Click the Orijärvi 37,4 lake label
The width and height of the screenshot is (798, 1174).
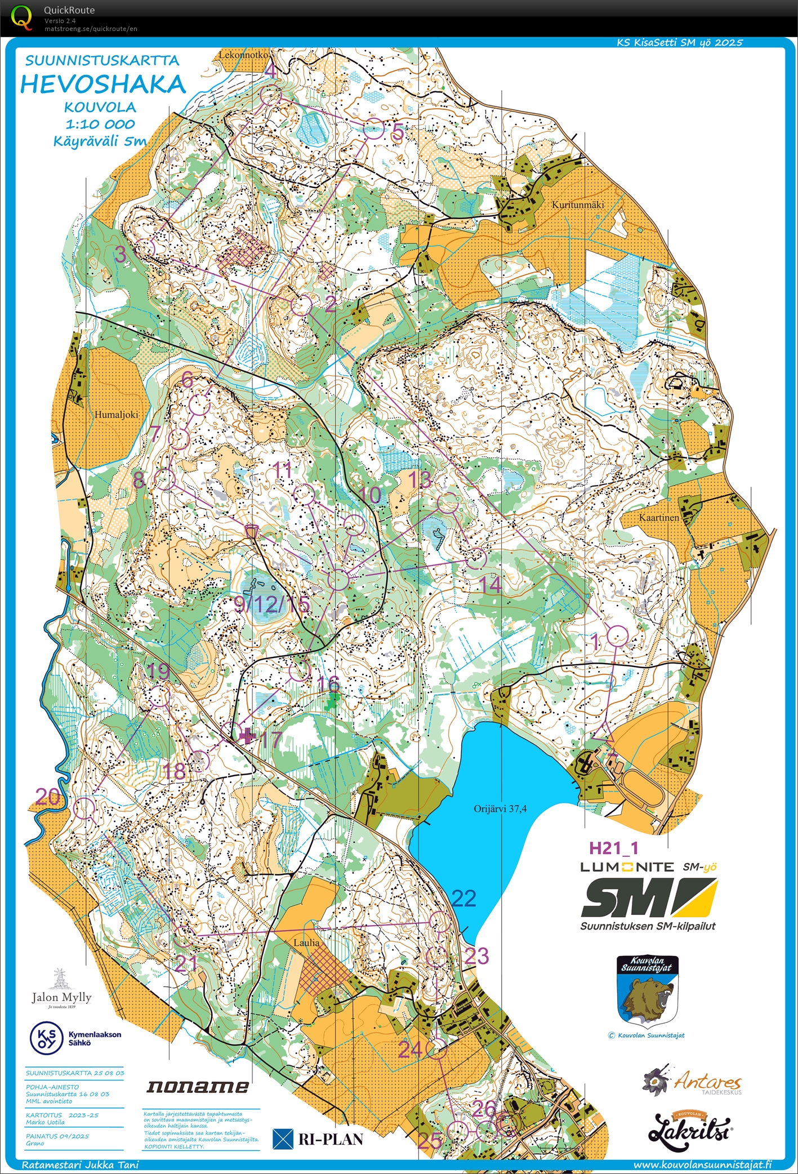[x=500, y=808]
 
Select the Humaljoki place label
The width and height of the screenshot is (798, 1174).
[x=117, y=414]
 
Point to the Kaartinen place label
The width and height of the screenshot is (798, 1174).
[x=659, y=517]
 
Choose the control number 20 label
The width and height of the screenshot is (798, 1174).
[x=47, y=796]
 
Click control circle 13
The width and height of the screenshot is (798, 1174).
[x=448, y=503]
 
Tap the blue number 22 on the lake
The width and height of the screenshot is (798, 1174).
[x=463, y=898]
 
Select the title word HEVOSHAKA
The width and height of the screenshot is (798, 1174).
[x=103, y=85]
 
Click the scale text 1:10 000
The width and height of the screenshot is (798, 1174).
[x=100, y=124]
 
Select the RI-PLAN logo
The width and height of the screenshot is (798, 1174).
[x=318, y=1139]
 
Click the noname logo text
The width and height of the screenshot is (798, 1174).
[x=198, y=1087]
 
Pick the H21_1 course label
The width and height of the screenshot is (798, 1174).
[x=613, y=848]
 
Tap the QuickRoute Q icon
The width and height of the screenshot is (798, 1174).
[x=22, y=16]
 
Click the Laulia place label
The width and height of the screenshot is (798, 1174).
[x=306, y=942]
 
